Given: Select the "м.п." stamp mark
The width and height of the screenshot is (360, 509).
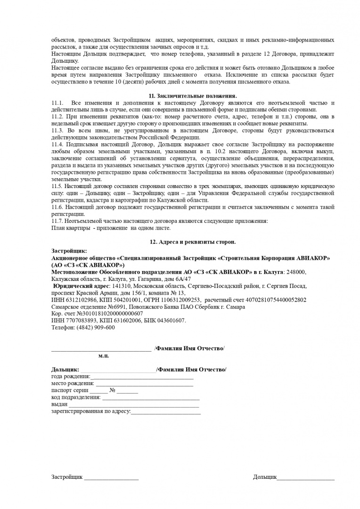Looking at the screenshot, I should pos(104,356).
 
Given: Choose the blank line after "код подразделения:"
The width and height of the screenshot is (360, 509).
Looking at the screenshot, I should pos(151,399).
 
